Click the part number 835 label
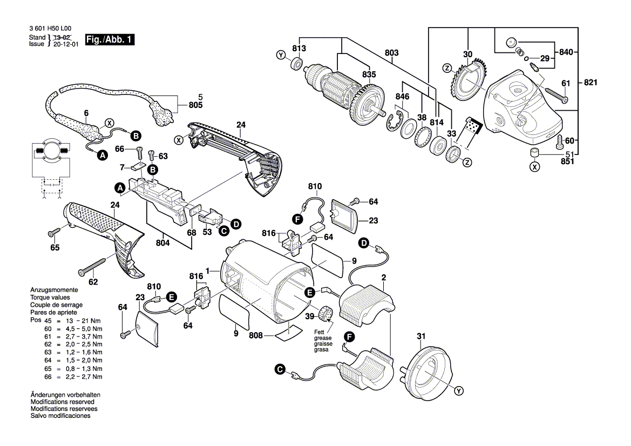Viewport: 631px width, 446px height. click(369, 75)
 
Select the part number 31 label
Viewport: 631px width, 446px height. click(422, 337)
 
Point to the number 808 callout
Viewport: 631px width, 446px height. click(256, 335)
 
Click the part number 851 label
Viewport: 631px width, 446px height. click(567, 160)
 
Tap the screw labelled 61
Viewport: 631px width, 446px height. click(556, 97)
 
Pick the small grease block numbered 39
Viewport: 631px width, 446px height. click(326, 313)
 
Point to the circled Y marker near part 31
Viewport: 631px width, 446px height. click(459, 390)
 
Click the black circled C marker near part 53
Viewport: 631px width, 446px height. click(223, 231)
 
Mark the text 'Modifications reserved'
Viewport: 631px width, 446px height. click(63, 402)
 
